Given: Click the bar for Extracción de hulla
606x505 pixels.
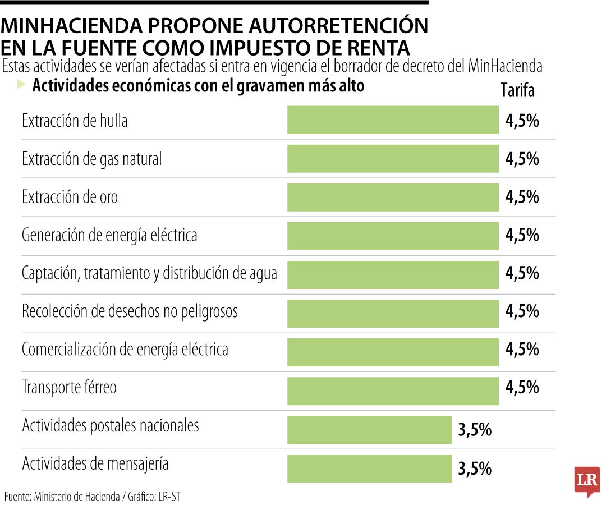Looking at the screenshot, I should click(393, 120).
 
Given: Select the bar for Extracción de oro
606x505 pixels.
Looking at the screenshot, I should click(393, 197).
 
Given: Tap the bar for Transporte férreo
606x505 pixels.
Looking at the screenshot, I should click(393, 391).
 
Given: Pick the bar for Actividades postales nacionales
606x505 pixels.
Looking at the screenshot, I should click(369, 429).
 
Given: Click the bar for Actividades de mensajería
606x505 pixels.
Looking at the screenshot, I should click(369, 468).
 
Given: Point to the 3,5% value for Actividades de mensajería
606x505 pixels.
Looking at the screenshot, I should click(475, 469).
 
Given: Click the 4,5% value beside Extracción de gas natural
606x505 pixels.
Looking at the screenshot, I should click(522, 159).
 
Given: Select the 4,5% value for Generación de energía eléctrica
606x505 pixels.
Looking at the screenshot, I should click(522, 235).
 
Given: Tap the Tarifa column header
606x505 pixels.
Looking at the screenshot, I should click(517, 90).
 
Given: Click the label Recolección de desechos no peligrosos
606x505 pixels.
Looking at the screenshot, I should click(130, 311).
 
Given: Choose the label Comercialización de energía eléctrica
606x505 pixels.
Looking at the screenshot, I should click(125, 350).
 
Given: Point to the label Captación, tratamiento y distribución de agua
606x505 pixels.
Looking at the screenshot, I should click(149, 273).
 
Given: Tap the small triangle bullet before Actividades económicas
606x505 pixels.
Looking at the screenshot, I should click(21, 85).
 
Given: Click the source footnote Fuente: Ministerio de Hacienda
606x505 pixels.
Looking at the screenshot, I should click(62, 496).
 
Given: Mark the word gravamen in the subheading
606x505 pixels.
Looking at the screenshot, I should click(257, 86).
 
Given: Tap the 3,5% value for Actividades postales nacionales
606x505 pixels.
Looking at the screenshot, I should click(475, 430).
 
